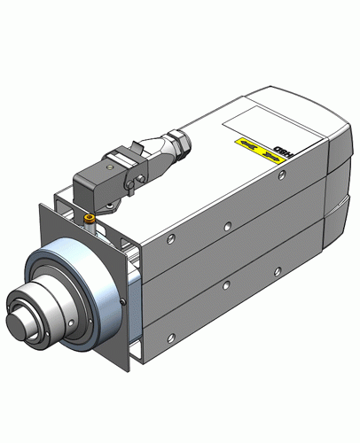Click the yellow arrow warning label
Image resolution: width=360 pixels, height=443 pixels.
pyautogui.click(x=253, y=147)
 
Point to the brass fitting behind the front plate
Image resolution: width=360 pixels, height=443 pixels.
pyautogui.click(x=88, y=218)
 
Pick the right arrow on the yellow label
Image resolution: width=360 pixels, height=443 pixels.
pyautogui.click(x=263, y=152)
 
